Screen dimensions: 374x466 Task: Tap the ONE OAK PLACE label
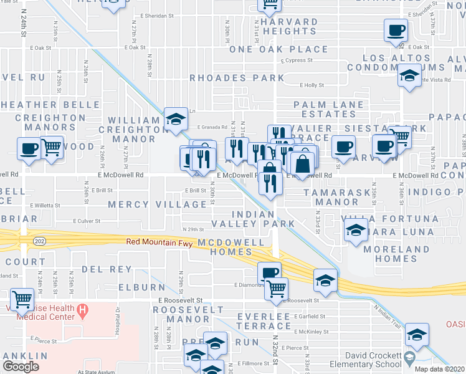[x=278, y=49]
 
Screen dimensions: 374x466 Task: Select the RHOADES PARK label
[x=237, y=79]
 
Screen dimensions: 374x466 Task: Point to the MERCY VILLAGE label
[x=157, y=204]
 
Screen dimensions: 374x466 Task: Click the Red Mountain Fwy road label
[x=161, y=242]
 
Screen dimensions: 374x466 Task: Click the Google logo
[x=21, y=367]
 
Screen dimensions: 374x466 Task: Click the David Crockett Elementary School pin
[x=409, y=359]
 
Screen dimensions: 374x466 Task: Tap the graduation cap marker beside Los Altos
[x=409, y=77]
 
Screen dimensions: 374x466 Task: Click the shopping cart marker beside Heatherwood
[x=52, y=147]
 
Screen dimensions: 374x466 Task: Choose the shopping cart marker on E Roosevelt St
[x=276, y=288]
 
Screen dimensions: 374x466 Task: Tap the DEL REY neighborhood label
[x=107, y=270]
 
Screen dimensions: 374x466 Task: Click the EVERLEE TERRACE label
[x=264, y=321]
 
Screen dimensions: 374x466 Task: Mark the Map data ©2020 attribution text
[x=440, y=369]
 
